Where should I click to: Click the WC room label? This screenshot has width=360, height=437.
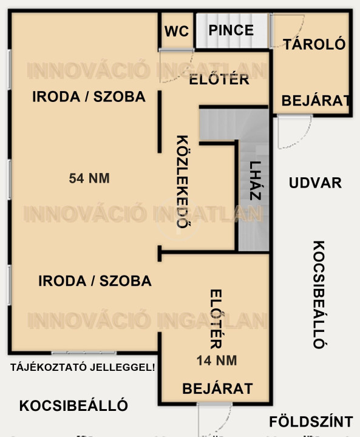(177, 31)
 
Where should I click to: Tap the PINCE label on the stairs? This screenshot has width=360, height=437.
(231, 30)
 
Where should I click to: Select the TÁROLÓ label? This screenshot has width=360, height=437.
(314, 44)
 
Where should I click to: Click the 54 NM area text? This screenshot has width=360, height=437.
(89, 178)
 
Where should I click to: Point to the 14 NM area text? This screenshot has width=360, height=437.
(217, 361)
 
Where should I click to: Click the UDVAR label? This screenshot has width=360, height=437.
(316, 183)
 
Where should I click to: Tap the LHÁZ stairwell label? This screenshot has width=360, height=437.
(255, 181)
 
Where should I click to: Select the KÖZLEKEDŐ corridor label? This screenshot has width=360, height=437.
(182, 181)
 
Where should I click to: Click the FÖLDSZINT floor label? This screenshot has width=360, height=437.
(311, 421)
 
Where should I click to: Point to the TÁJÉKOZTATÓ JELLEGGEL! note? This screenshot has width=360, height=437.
(83, 367)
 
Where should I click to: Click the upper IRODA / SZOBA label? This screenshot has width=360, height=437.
(89, 97)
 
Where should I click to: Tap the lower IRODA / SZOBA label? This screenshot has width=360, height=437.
(95, 280)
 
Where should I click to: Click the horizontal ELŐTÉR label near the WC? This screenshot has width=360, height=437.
(219, 80)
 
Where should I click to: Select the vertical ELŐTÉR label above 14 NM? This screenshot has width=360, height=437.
(216, 319)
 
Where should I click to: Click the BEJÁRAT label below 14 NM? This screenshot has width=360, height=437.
(217, 388)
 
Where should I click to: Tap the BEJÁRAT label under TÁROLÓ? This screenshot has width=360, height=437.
(316, 101)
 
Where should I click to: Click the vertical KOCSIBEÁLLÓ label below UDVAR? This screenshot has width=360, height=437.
(319, 294)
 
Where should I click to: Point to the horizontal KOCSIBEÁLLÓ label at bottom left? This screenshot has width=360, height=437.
(73, 405)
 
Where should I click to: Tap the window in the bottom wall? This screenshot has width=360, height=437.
(84, 353)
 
